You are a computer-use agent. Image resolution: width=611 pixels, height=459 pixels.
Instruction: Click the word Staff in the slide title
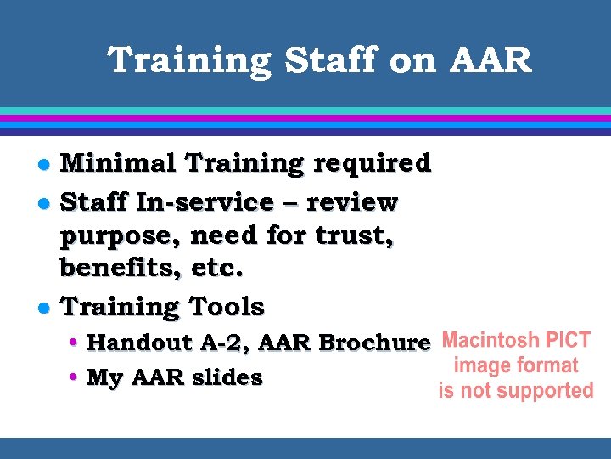318,61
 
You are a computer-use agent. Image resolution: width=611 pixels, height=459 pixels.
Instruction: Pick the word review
351,203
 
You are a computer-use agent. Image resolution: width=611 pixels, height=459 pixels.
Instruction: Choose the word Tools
227,306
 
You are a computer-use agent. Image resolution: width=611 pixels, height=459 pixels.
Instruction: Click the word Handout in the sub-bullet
140,343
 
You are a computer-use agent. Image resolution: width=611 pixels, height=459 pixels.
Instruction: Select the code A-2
225,343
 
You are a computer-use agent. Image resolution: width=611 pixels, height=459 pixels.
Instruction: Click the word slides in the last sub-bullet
226,378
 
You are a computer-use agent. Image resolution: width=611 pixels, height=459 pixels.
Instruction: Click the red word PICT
569,341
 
